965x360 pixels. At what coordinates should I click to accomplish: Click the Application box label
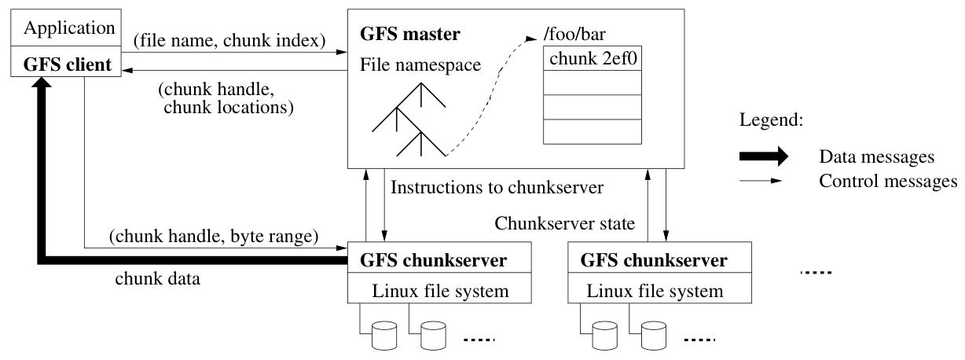tap(69, 28)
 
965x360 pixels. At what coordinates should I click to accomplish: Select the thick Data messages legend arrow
tap(763, 156)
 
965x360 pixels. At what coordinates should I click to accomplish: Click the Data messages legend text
tap(876, 157)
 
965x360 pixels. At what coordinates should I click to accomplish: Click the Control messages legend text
tap(887, 182)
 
